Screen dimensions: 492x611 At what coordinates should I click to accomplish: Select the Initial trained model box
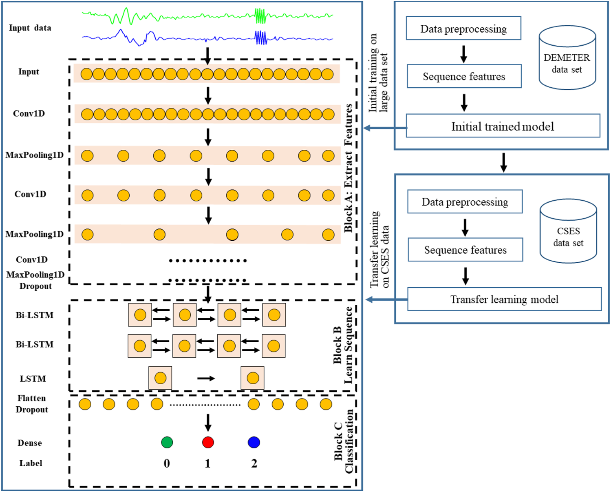coord(503,126)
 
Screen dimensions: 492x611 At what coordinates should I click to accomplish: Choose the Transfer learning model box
coord(504,299)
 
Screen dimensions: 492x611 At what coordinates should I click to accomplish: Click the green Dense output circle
coord(167,442)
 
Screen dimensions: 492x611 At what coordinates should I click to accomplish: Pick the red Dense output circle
coord(208,442)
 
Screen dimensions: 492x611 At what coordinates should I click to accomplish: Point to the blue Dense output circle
coord(254,442)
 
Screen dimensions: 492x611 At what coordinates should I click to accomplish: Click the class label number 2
coord(254,463)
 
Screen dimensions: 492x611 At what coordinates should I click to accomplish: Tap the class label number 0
coord(167,463)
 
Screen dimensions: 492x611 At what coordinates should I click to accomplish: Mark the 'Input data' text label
coord(30,28)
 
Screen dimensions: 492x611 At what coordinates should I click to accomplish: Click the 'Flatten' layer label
coord(31,398)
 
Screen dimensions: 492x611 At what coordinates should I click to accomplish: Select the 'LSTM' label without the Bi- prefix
coord(33,379)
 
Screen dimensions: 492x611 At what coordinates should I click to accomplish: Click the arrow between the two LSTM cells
coord(206,379)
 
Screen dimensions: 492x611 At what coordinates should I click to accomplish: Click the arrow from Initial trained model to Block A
coord(385,128)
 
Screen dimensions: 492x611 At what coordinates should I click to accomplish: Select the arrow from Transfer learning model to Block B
coord(386,300)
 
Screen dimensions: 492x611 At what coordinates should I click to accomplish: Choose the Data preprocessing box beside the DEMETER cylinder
coord(463,29)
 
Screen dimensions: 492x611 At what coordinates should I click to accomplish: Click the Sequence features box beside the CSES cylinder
coord(465,250)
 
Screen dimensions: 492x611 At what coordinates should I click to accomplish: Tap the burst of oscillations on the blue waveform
coord(260,38)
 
